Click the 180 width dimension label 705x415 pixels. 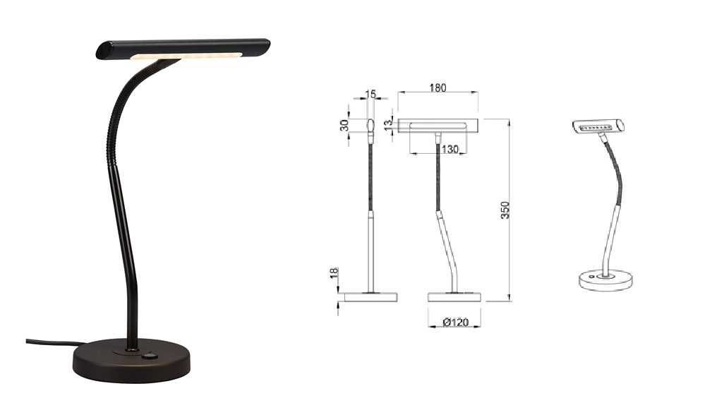tap(438, 88)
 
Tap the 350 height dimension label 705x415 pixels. tap(505, 210)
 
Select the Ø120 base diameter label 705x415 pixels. tap(456, 323)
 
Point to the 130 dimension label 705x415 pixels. tap(450, 149)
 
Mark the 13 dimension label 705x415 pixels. tap(387, 124)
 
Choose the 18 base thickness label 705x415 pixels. tap(335, 273)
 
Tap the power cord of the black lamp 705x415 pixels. tap(49, 344)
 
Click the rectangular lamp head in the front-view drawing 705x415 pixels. tap(438, 126)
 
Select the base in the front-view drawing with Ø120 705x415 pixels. tap(454, 297)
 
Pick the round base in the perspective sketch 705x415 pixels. tap(605, 281)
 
